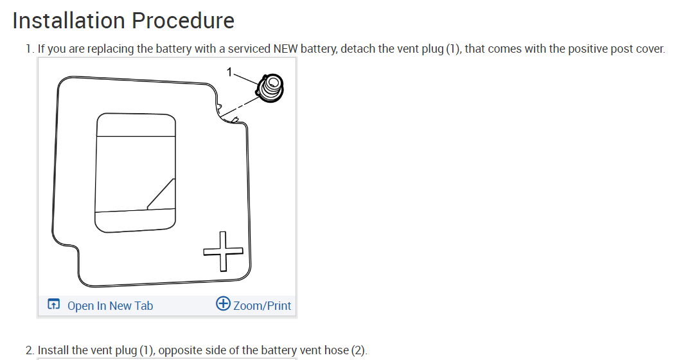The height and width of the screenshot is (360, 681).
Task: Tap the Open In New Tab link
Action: [110, 305]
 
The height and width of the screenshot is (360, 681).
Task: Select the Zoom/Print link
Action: [262, 305]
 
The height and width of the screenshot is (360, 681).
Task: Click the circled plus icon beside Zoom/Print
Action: [223, 304]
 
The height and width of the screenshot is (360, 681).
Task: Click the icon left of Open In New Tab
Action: [55, 305]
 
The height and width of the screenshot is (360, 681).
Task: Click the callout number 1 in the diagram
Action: [229, 71]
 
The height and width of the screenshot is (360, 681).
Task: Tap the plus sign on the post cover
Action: [224, 251]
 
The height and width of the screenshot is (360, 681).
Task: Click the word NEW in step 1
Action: [286, 49]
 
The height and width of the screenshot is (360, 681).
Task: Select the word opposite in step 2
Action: [181, 350]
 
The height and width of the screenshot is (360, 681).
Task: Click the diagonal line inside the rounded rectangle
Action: [161, 194]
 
